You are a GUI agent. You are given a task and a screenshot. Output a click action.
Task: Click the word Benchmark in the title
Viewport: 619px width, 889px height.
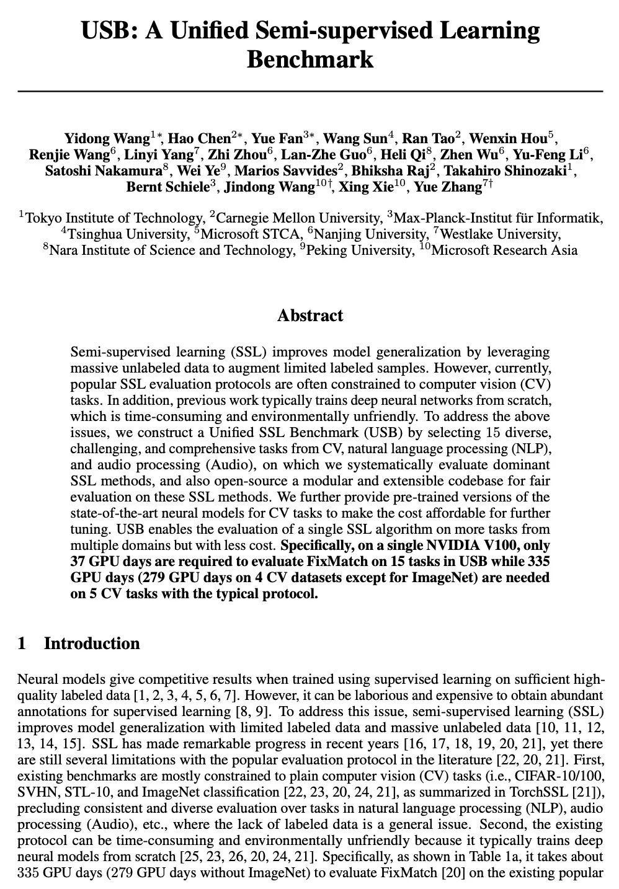point(310,60)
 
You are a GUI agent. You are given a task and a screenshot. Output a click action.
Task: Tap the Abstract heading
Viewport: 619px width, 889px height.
point(310,316)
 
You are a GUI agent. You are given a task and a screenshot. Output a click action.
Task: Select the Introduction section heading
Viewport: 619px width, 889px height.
point(91,644)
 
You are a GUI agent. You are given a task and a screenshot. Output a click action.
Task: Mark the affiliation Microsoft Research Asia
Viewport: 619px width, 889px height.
point(504,250)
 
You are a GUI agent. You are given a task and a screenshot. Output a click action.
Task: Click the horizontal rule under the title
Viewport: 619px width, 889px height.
point(310,91)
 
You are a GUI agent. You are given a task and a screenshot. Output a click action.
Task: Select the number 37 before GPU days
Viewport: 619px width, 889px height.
point(79,562)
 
